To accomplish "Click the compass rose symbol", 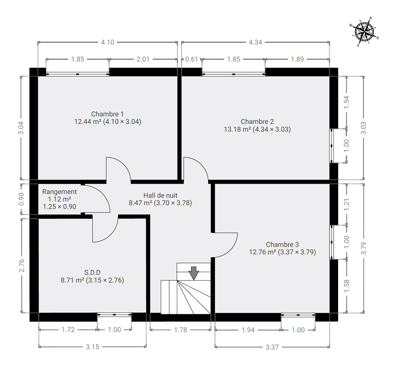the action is [x=365, y=32].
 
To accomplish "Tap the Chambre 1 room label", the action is [x=108, y=118].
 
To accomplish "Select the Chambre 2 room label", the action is [x=257, y=125].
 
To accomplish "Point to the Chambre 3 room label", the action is [x=283, y=248].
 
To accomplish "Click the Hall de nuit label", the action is [x=160, y=199].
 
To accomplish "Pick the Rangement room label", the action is [x=60, y=199].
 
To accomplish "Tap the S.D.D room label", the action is [x=92, y=276].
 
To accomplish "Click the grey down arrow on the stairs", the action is [x=194, y=273].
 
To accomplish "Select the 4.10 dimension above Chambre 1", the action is [x=108, y=42].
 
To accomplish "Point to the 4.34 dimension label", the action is [x=255, y=42].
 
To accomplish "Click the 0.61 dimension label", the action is [x=191, y=59].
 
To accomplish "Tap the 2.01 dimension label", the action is [x=143, y=59].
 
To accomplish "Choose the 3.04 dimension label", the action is [x=21, y=128].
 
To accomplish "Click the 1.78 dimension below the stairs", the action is [x=180, y=330].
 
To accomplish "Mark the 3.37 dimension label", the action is [x=272, y=347].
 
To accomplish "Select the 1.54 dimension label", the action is [x=347, y=102].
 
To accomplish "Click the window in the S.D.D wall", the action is [x=114, y=315].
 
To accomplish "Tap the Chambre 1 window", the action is [x=77, y=74].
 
